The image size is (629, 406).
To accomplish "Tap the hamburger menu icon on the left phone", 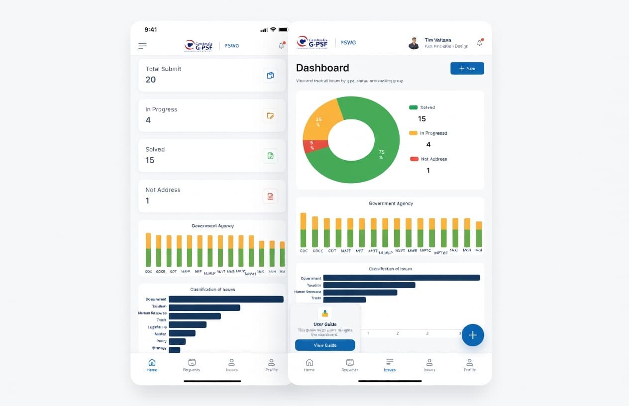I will [142, 46].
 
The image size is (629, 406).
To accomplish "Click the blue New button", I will [467, 68].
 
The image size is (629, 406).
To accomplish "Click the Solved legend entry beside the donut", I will [422, 107].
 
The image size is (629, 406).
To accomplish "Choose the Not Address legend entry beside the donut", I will [428, 159].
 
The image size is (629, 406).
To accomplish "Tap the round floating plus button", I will [473, 335].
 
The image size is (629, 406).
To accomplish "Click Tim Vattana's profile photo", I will [414, 43].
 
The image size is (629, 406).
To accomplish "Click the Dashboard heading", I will [322, 68].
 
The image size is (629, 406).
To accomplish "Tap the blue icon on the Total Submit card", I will [270, 75].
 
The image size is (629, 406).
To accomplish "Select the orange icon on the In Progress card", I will [270, 115].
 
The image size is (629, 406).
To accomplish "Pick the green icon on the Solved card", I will [270, 156].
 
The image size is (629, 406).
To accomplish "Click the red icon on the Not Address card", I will [270, 196].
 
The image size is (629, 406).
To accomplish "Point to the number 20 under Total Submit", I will [151, 80].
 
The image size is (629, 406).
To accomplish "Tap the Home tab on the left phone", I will [152, 365].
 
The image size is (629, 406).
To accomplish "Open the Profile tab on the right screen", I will [469, 365].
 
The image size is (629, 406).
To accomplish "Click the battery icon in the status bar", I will [284, 30].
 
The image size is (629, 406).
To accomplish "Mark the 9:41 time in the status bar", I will [151, 30].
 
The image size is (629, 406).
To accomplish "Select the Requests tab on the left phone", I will [192, 365].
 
